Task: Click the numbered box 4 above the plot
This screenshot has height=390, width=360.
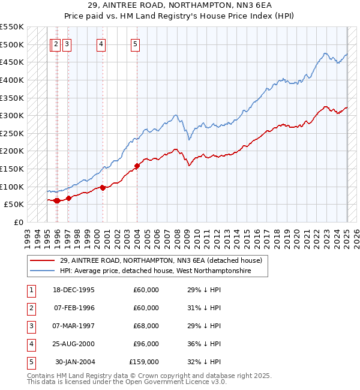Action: pyautogui.click(x=101, y=45)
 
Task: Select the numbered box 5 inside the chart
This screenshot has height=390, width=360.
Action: pyautogui.click(x=135, y=45)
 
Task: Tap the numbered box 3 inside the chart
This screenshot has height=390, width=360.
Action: pyautogui.click(x=67, y=45)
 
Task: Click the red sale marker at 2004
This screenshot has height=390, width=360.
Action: pyautogui.click(x=137, y=166)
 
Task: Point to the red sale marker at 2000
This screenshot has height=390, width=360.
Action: pyautogui.click(x=103, y=188)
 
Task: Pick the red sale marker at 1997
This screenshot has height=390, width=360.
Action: pyautogui.click(x=68, y=198)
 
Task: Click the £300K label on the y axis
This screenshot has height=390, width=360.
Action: pyautogui.click(x=12, y=116)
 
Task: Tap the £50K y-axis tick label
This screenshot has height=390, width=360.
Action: pyautogui.click(x=14, y=205)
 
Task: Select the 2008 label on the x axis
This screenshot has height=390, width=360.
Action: pyautogui.click(x=177, y=239)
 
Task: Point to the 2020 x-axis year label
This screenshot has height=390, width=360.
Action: pyautogui.click(x=297, y=239)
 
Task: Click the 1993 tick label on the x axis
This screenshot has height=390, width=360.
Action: pyautogui.click(x=28, y=239)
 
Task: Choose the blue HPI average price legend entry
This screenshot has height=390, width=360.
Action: pyautogui.click(x=140, y=271)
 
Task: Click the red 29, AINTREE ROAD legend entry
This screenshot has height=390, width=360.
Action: pyautogui.click(x=146, y=260)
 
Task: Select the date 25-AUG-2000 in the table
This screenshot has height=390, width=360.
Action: pyautogui.click(x=73, y=344)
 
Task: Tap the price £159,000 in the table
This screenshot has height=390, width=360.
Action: pyautogui.click(x=144, y=362)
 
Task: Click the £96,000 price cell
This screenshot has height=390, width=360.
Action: pyautogui.click(x=146, y=344)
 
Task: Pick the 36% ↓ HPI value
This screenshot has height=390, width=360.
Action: pyautogui.click(x=204, y=344)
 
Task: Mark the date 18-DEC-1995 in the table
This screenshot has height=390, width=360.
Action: pyautogui.click(x=74, y=290)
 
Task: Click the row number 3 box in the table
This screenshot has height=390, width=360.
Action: pyautogui.click(x=31, y=327)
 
